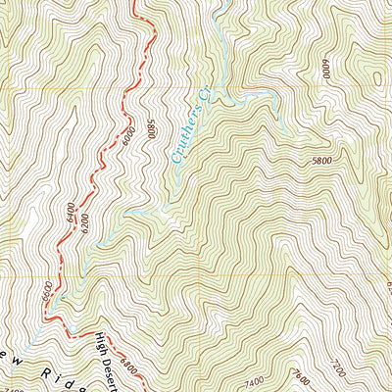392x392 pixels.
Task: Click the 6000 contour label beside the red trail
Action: coord(127,139)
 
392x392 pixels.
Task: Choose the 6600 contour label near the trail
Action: coord(46,293)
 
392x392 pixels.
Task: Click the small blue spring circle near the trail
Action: coord(60,294)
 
